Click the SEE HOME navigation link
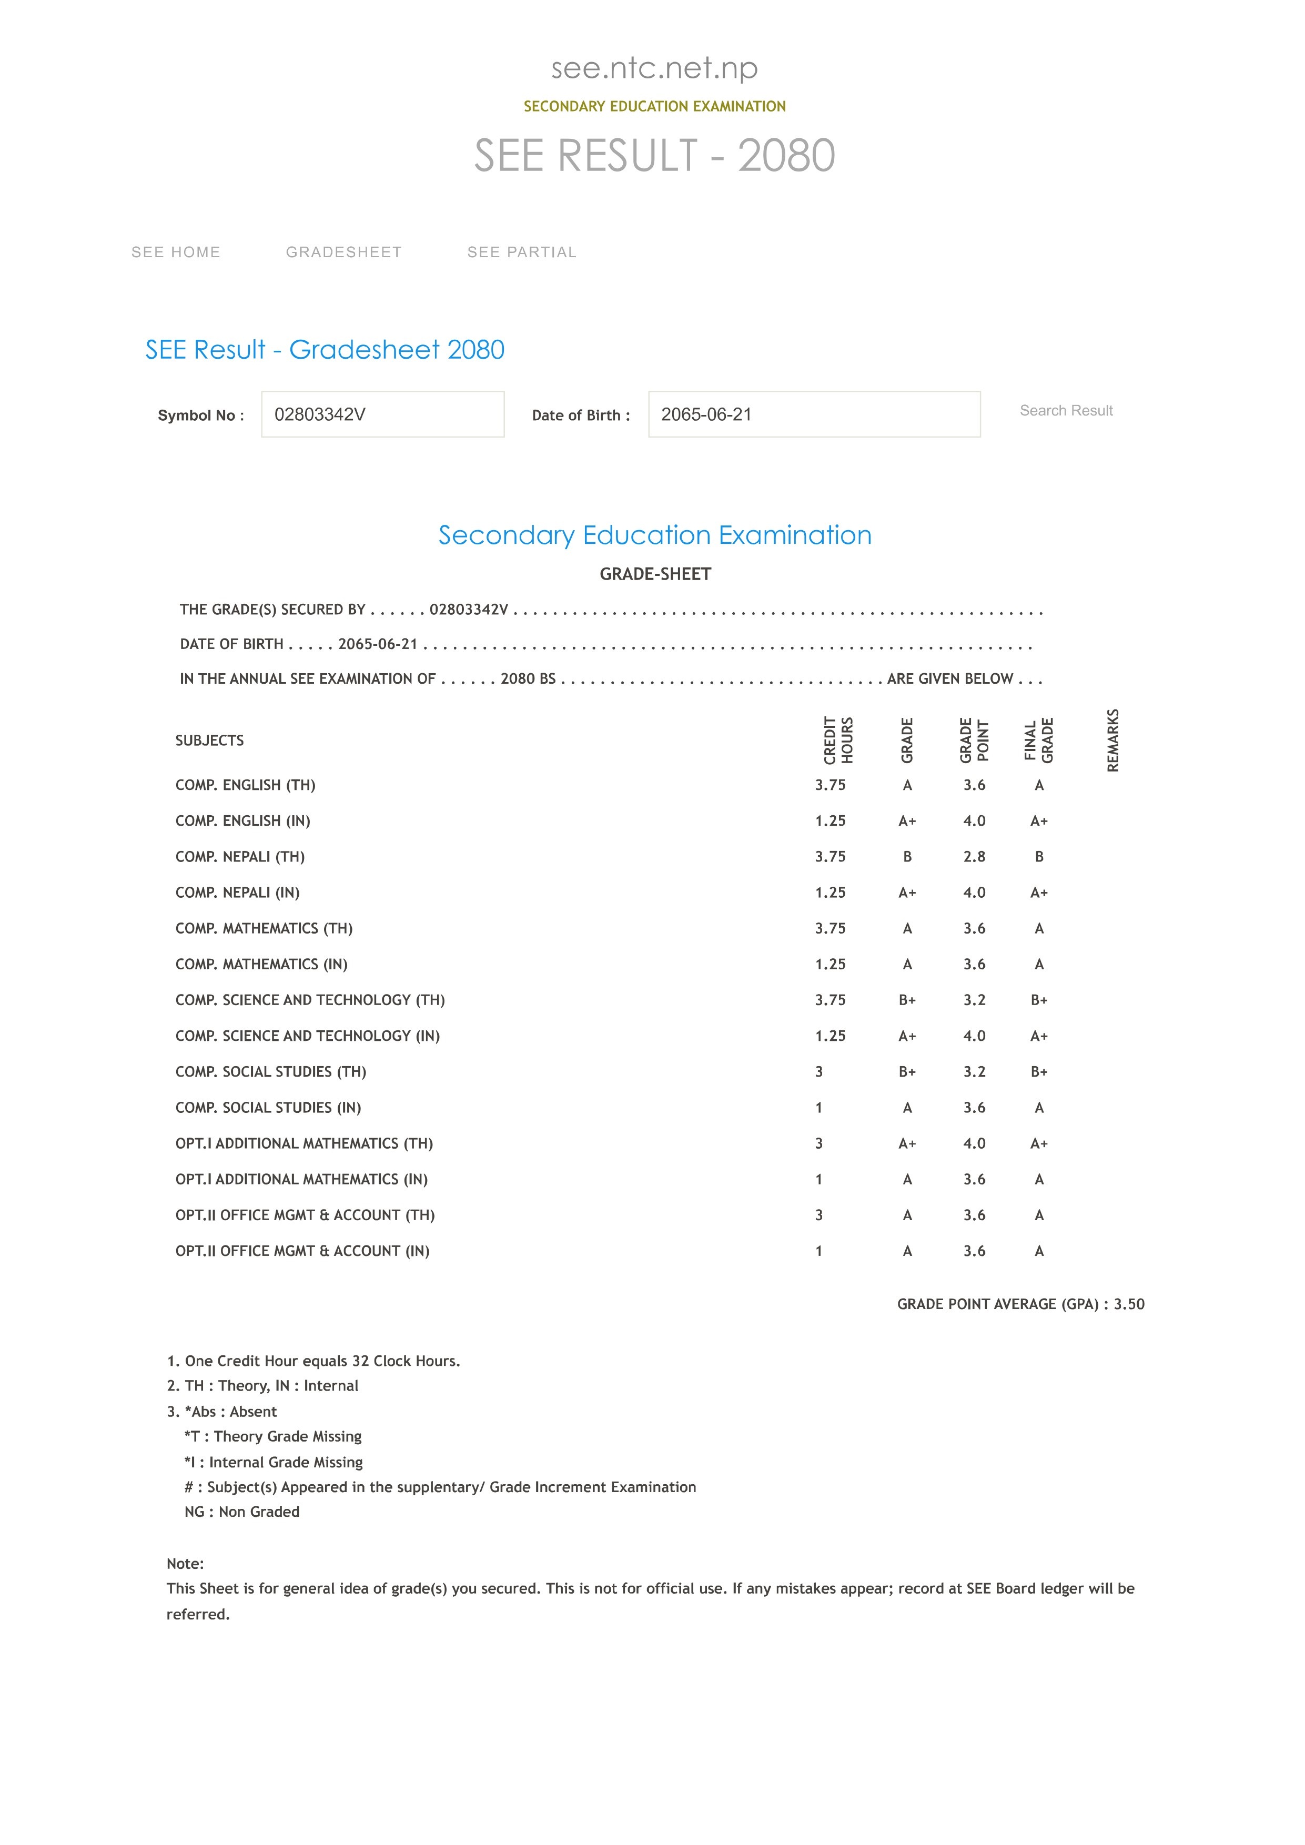(176, 252)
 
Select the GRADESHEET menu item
(344, 252)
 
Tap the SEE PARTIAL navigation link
(521, 252)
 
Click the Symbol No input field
(382, 414)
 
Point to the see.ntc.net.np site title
(654, 68)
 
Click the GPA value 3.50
(1129, 1304)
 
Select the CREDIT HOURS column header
(838, 740)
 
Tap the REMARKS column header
(1113, 740)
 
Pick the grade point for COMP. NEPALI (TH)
(974, 857)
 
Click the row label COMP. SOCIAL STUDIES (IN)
(268, 1107)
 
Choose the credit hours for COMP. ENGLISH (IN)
(830, 820)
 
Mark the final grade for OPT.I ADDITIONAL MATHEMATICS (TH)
(1039, 1143)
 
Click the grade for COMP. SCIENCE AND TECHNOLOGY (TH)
(907, 1000)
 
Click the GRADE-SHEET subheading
(655, 574)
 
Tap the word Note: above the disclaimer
(185, 1563)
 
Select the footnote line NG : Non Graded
(242, 1512)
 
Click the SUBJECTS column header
(210, 740)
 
